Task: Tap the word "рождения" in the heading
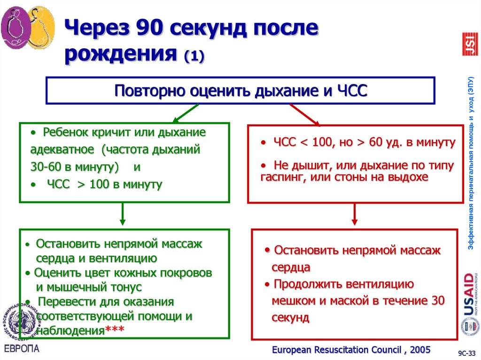(x=119, y=55)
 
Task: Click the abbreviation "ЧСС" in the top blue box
(x=351, y=90)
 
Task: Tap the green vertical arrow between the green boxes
(x=123, y=214)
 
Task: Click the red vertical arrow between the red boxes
(x=355, y=215)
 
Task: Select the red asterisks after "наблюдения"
(x=115, y=330)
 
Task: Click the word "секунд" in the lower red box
(x=290, y=318)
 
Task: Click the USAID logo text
(x=470, y=293)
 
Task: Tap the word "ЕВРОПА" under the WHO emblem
(x=22, y=348)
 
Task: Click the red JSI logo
(x=470, y=44)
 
